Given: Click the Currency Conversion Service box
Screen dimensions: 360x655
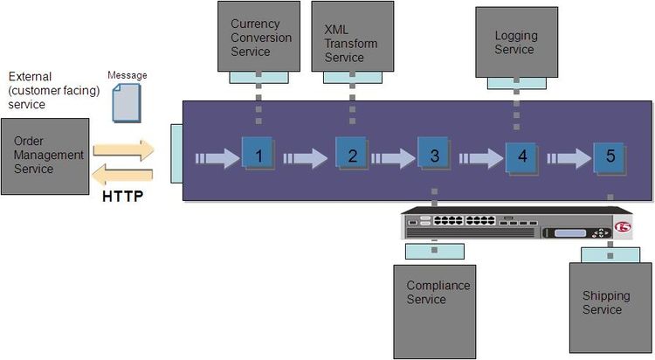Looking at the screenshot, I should point(258,36).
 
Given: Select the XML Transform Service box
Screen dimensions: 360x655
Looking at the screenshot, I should point(351,36).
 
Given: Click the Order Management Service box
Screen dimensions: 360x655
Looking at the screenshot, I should point(45,156).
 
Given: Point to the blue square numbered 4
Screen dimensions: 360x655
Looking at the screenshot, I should point(522,156).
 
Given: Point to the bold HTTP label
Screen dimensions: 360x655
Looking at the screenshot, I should point(122,196).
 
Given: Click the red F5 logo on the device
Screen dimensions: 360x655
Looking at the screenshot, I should point(622,227).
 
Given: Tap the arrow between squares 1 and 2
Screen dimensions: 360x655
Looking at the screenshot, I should point(305,158).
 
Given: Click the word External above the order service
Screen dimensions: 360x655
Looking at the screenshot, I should point(28,78).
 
